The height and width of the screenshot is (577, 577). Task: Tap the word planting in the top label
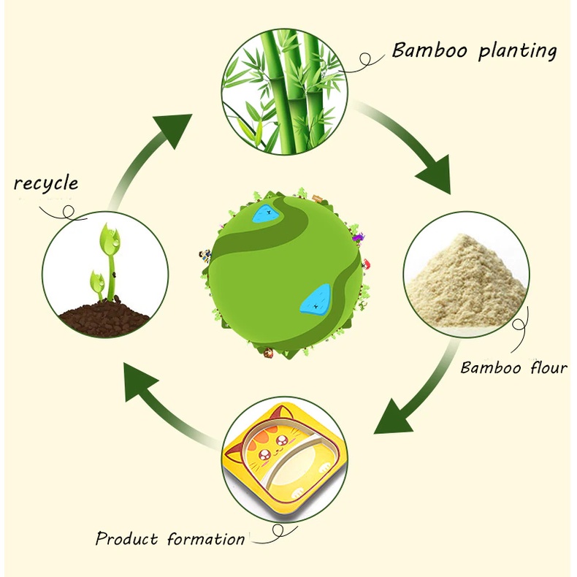click(518, 51)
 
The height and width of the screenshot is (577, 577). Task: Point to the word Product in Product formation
click(126, 539)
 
